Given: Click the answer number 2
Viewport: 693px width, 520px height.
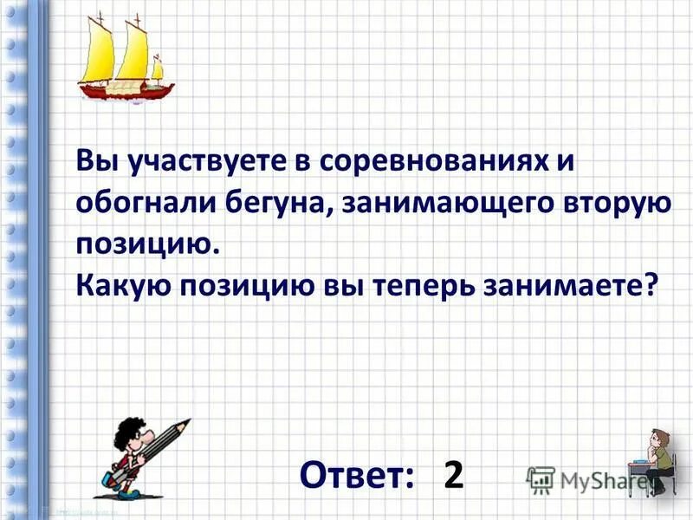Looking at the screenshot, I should (453, 475).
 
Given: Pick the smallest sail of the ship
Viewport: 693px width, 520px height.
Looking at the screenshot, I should (158, 68).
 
